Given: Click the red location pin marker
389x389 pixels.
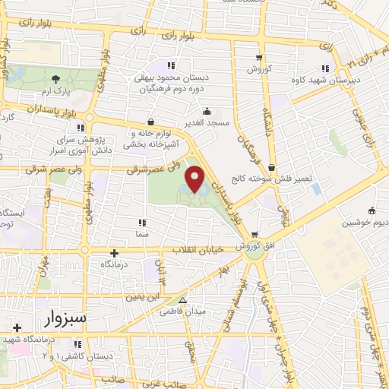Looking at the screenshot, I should [x=198, y=180].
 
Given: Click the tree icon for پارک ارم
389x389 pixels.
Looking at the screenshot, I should [x=55, y=78].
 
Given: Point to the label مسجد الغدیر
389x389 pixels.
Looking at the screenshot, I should [x=203, y=122].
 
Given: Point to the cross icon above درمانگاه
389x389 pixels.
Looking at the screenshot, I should [x=115, y=253].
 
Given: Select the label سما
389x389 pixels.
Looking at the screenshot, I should [x=141, y=235].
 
